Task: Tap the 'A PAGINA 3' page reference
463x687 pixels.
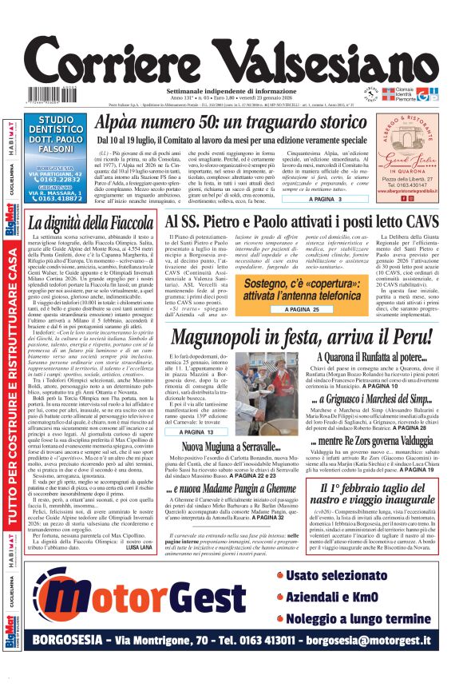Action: (x=328, y=198)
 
